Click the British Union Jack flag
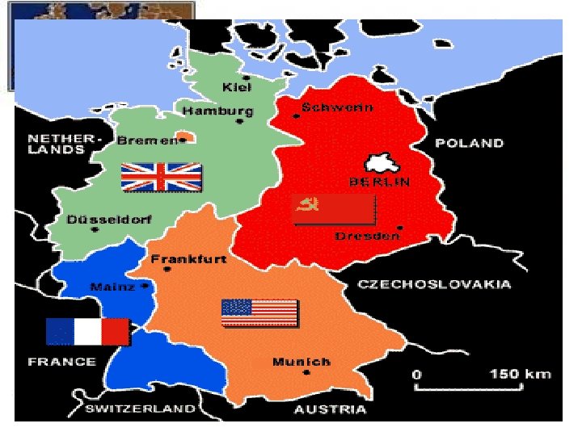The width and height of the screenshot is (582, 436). click(161, 177)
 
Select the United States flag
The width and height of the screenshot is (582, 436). click(259, 312)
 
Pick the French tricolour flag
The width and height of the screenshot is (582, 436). click(87, 331)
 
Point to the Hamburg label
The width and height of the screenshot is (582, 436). click(217, 111)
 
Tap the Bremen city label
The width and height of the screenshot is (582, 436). click(146, 140)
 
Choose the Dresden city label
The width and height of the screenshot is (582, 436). click(368, 236)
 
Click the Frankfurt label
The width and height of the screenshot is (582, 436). click(188, 259)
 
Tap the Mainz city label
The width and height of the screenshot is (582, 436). click(112, 287)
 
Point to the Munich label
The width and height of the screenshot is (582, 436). click(302, 362)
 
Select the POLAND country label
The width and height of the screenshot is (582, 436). click(469, 144)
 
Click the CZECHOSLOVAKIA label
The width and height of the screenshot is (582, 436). click(434, 284)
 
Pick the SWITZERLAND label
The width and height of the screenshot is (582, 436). click(140, 409)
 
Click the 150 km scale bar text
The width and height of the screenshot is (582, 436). click(521, 374)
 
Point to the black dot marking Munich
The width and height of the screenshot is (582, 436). click(306, 372)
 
